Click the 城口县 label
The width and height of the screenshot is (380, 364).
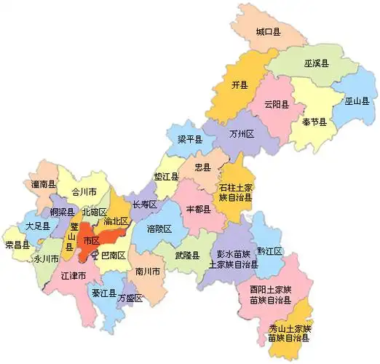coord(268,32)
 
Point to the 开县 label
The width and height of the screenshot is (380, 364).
coord(240,85)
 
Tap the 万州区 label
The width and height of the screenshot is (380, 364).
coord(240,135)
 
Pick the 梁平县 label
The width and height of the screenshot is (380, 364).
coord(190,138)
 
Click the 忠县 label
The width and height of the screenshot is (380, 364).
coord(203,167)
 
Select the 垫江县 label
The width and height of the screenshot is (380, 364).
coord(166,176)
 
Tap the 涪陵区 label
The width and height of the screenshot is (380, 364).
coord(159,229)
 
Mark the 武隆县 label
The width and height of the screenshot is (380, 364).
coord(187,256)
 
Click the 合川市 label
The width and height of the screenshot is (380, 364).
coord(74,193)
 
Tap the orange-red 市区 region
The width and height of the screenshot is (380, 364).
coord(91,242)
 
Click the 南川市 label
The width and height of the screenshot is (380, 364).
coord(149,272)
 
